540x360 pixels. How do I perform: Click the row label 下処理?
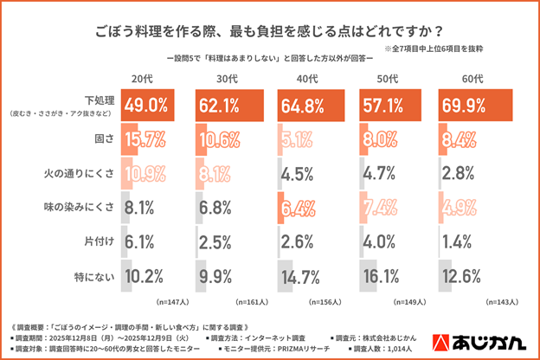click(100, 100)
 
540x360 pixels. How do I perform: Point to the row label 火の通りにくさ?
click(80, 171)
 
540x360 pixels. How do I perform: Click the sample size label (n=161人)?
click(252, 303)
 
